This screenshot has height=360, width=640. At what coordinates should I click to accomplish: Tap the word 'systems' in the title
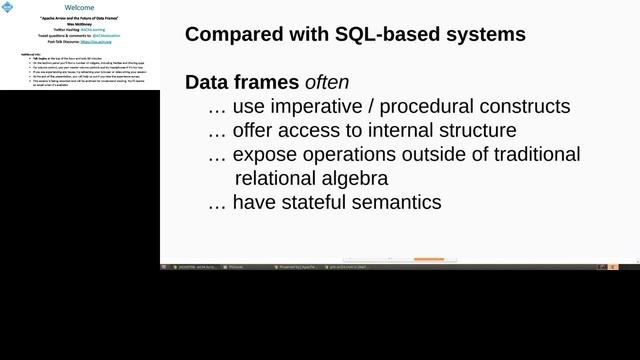487,35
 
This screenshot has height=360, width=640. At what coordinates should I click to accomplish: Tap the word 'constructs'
523,106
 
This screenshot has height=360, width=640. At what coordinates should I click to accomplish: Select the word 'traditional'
530,155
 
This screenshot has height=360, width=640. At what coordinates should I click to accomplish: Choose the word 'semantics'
397,203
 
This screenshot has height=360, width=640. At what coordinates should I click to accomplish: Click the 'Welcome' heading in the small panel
79,7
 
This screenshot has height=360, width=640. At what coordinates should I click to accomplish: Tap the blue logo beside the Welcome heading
8,7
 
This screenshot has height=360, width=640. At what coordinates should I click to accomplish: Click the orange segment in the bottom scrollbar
429,259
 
